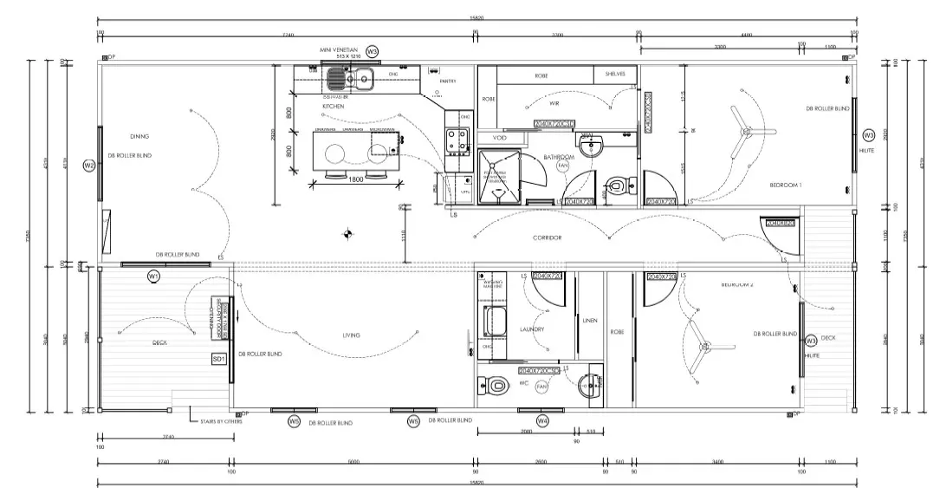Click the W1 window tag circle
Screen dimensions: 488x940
pos(153,276)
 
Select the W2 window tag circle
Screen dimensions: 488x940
pos(88,166)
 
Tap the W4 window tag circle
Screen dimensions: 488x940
pos(542,421)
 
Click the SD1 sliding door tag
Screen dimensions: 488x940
pos(218,358)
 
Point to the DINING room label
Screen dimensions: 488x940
pos(139,136)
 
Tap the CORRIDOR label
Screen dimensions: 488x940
pos(548,237)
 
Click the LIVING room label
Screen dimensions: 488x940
pos(351,334)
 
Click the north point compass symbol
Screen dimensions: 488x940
pos(348,231)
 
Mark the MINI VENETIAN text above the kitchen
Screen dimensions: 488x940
pos(339,51)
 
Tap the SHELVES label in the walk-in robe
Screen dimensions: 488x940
pos(616,75)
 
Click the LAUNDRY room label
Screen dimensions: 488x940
pos(532,329)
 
